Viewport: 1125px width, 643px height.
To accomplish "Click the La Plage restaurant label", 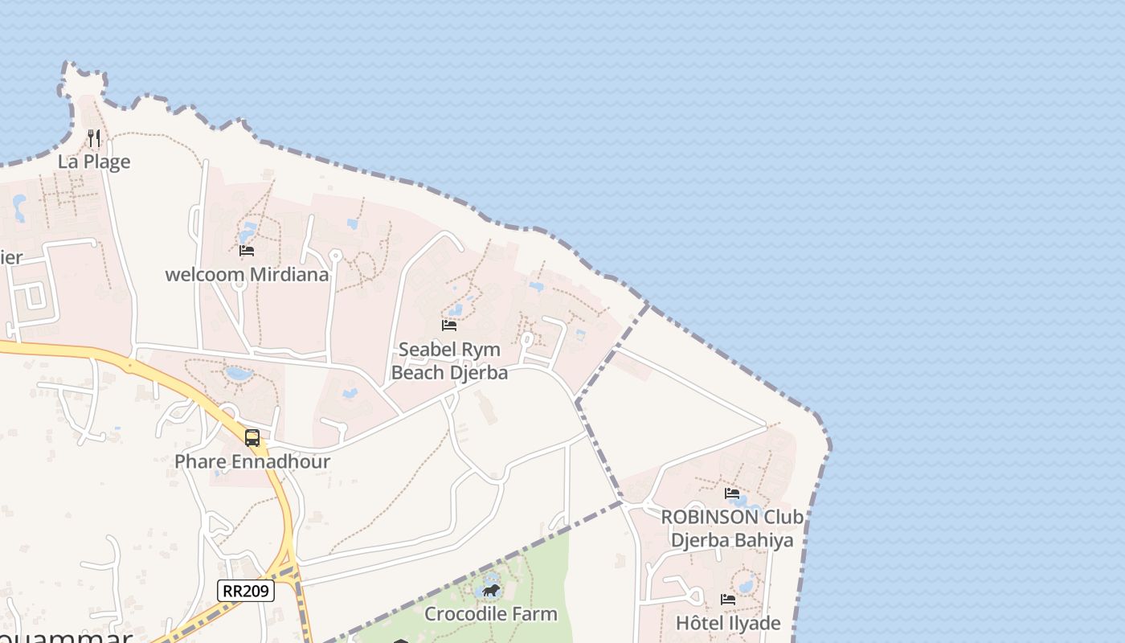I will point(94,162).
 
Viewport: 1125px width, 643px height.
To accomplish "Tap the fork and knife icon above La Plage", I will point(94,138).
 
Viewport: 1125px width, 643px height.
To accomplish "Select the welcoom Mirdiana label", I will point(247,275).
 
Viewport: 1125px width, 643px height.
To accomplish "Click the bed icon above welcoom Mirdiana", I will point(247,251).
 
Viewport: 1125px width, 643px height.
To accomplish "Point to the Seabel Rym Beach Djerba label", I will point(449,361).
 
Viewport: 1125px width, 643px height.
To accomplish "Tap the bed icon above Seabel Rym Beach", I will point(449,326).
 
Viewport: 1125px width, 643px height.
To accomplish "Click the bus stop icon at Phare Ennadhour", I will point(252,438).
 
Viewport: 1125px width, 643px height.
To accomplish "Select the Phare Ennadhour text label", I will point(252,462).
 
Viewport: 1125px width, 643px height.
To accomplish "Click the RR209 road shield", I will point(247,592).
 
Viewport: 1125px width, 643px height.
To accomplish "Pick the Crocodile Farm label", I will point(490,614).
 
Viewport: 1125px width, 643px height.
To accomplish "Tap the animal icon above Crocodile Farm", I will point(491,591).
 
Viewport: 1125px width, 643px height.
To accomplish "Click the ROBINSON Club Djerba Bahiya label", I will point(732,528).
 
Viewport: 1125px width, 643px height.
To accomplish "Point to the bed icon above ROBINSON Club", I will point(732,493).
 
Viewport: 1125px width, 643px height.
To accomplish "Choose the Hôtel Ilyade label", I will point(728,623).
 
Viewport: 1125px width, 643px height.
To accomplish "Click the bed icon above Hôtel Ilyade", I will point(728,599).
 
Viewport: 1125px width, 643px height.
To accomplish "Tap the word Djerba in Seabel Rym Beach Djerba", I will point(480,373).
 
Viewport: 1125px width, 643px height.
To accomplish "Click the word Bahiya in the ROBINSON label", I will point(763,540).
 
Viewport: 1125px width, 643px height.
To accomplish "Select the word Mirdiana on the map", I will point(289,275).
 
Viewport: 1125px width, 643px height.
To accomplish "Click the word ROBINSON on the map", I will point(710,517).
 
